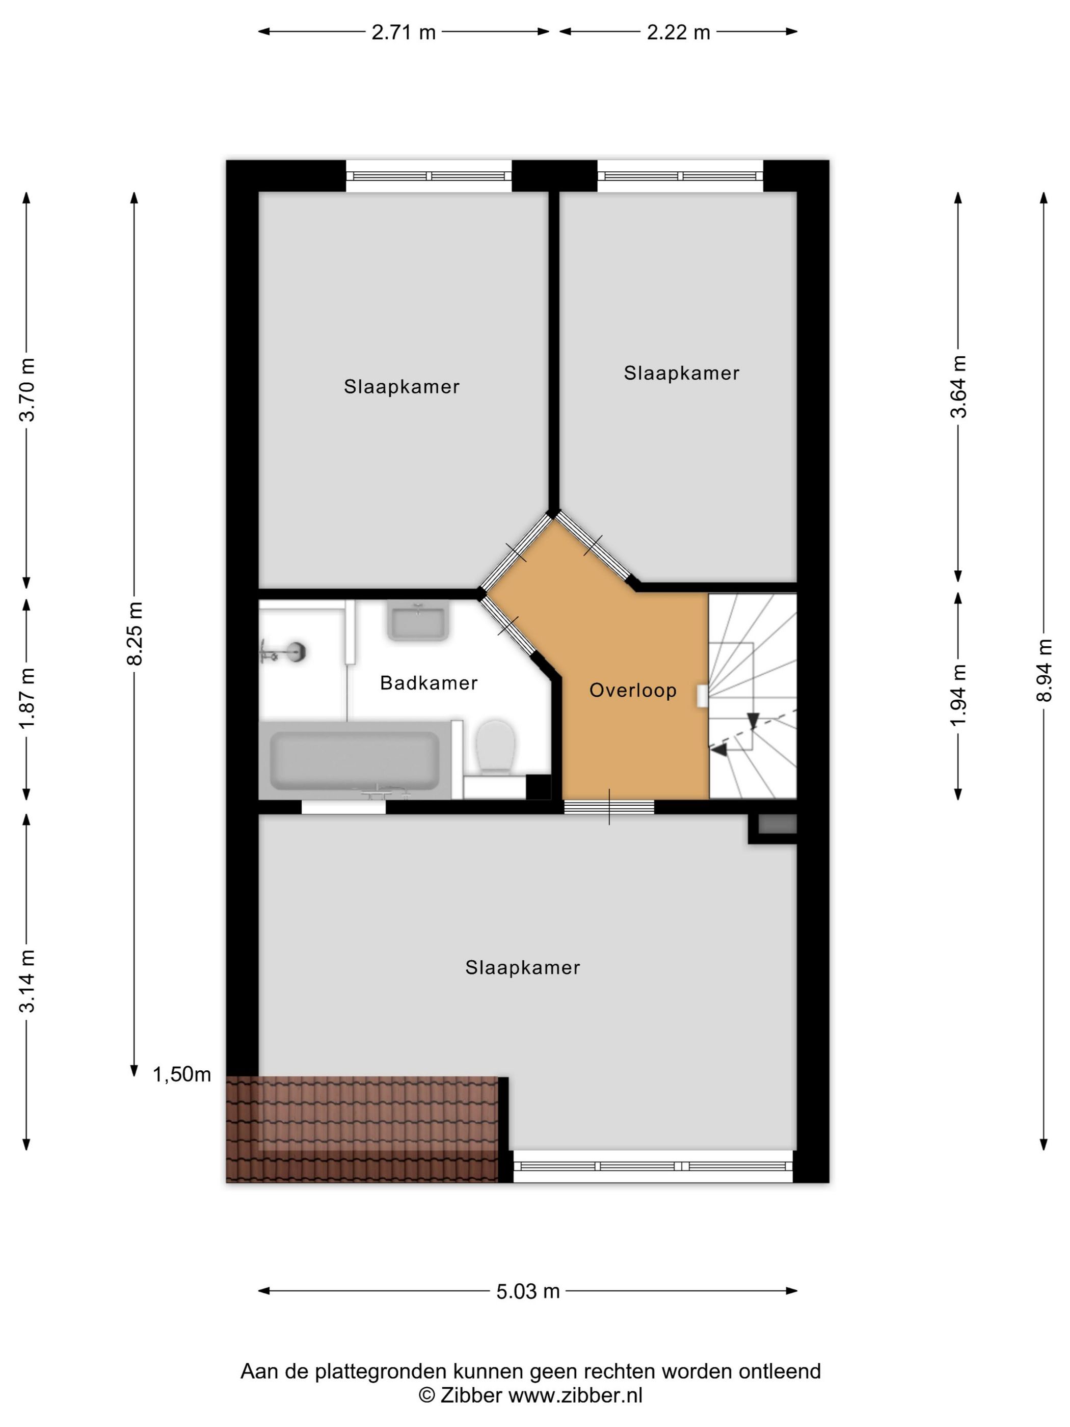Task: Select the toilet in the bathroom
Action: pyautogui.click(x=495, y=747)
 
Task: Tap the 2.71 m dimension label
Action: pyautogui.click(x=404, y=32)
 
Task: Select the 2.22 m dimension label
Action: pyautogui.click(x=679, y=32)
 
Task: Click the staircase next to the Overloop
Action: pyautogui.click(x=753, y=696)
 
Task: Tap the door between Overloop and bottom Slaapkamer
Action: pyautogui.click(x=609, y=806)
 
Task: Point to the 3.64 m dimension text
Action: pyautogui.click(x=959, y=386)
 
